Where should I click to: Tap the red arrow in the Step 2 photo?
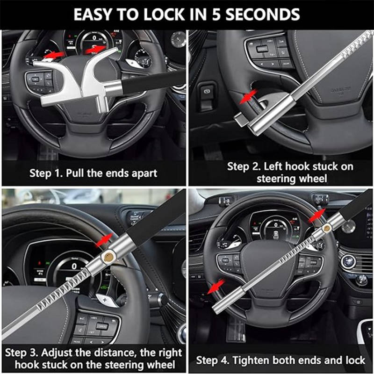248,96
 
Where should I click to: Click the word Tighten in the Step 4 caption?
251,360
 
